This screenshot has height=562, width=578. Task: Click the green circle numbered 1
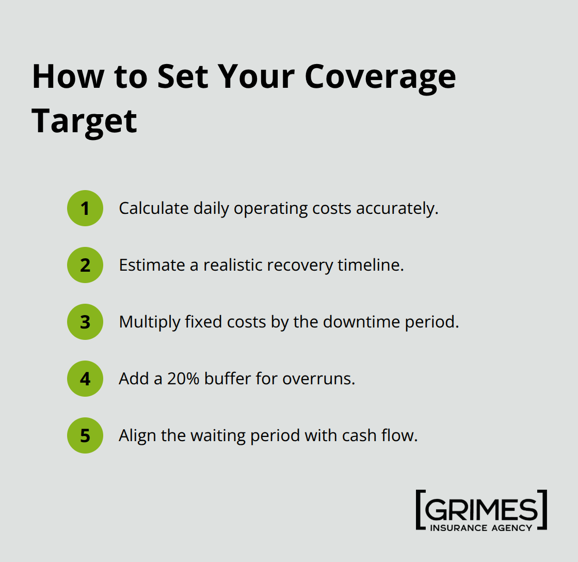click(85, 208)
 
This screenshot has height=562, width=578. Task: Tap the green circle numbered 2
click(85, 265)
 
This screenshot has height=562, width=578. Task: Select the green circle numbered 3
click(85, 322)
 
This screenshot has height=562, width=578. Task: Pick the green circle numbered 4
click(85, 379)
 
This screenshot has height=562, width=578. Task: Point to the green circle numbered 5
click(85, 435)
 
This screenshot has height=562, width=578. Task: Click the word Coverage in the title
click(380, 77)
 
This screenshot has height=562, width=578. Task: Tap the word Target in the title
click(84, 121)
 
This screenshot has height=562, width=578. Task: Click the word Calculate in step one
click(154, 208)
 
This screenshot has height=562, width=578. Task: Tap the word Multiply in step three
click(148, 322)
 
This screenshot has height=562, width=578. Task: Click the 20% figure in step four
click(183, 379)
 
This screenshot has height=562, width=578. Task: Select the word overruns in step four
click(318, 379)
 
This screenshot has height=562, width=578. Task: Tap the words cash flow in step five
click(379, 435)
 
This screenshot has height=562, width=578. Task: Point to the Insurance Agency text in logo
click(481, 527)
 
